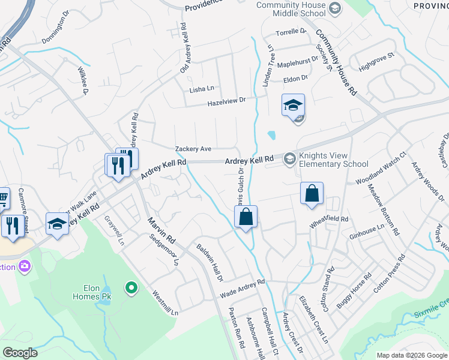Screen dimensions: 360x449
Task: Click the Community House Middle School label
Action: click(x=291, y=9)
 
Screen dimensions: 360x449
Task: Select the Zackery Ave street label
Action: click(x=193, y=149)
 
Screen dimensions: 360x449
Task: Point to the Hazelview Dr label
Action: click(x=227, y=103)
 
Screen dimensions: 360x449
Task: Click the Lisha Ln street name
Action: click(x=202, y=89)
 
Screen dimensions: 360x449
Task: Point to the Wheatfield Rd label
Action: click(x=329, y=221)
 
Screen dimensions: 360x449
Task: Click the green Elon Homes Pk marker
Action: click(x=131, y=289)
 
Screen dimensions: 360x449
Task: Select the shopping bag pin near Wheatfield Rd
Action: click(x=312, y=194)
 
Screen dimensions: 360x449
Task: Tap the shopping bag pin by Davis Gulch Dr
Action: click(x=246, y=217)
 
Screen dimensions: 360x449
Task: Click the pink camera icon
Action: click(x=25, y=265)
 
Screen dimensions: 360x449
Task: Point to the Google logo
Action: click(x=20, y=353)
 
